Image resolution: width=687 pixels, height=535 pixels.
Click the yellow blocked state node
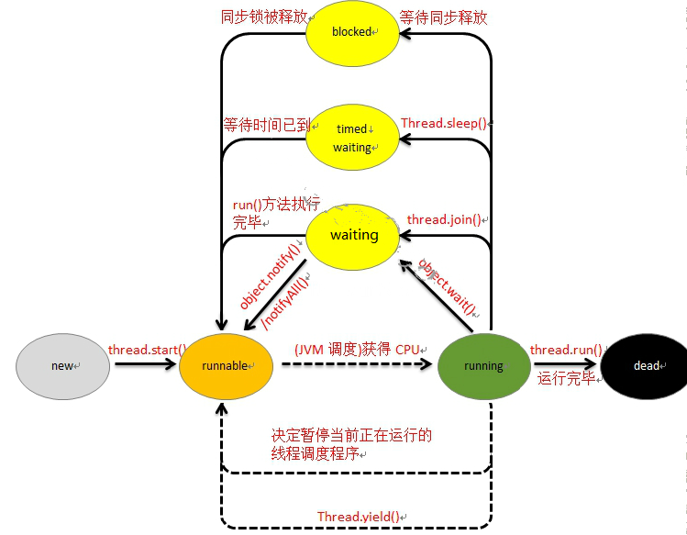[x=351, y=32]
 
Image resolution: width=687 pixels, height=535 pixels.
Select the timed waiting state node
[x=353, y=138]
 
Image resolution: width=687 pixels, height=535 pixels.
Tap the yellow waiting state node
[x=354, y=235]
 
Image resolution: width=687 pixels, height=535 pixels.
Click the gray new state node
[x=62, y=365]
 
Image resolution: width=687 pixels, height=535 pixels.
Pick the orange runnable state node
[x=226, y=365]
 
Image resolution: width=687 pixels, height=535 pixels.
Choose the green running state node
[x=483, y=365]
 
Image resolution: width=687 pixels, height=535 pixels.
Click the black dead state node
[x=647, y=365]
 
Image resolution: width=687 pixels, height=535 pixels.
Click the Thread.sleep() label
[x=443, y=123]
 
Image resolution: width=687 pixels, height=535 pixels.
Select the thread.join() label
[x=444, y=220]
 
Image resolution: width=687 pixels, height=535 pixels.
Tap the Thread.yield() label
[x=359, y=517]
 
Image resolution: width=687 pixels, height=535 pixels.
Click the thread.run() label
[x=566, y=350]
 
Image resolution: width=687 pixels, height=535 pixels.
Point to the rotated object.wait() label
[x=449, y=287]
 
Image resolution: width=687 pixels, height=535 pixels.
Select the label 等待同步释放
[x=442, y=17]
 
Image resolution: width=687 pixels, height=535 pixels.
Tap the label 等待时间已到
[x=266, y=124]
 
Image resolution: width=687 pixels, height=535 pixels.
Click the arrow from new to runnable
[x=143, y=365]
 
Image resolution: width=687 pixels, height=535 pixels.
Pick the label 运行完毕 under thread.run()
[x=565, y=378]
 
